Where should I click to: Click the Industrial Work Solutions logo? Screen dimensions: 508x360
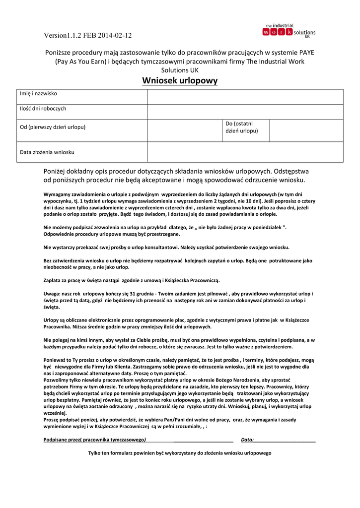pyautogui.click(x=288, y=31)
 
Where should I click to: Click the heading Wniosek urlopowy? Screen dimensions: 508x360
pyautogui.click(x=180, y=81)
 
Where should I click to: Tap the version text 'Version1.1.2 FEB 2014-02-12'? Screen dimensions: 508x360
pyautogui.click(x=87, y=35)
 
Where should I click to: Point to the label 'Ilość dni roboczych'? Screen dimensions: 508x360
pyautogui.click(x=43, y=109)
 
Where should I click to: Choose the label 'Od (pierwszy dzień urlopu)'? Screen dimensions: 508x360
pyautogui.click(x=53, y=127)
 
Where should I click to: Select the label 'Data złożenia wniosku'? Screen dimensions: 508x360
pyautogui.click(x=47, y=152)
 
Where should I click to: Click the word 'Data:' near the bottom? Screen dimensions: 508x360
pyautogui.click(x=247, y=440)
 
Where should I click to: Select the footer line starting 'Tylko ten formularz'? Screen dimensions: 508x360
pyautogui.click(x=180, y=453)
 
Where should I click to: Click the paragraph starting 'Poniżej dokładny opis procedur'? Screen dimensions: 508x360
pyautogui.click(x=176, y=175)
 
